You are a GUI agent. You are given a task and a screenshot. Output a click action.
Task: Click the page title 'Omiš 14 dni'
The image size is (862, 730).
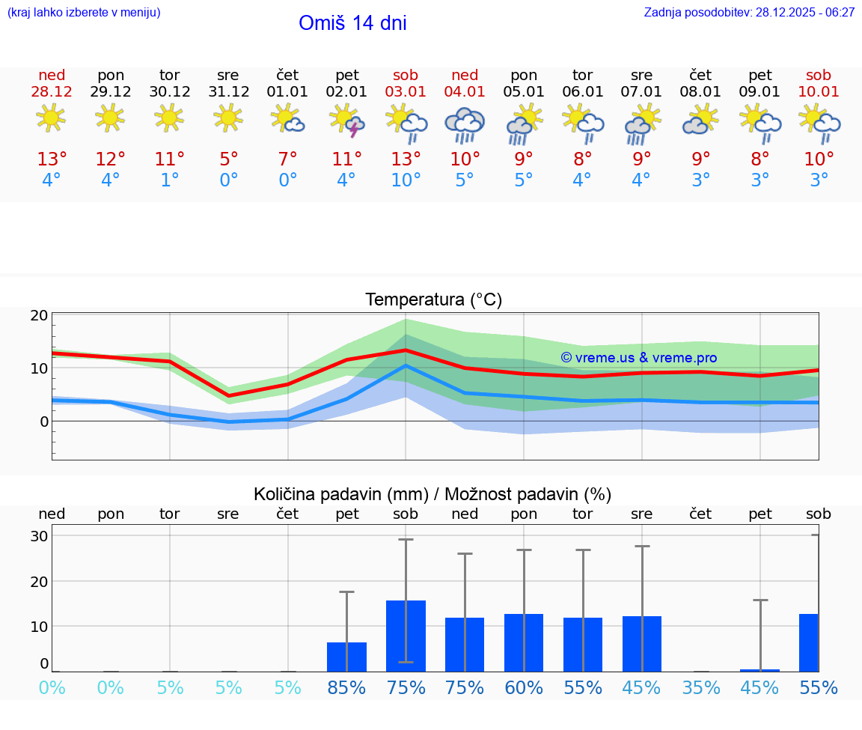point(352,23)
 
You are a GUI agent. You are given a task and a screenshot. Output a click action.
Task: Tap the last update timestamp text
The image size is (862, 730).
point(749,13)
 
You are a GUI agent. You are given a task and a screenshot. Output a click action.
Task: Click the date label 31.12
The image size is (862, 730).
point(228,92)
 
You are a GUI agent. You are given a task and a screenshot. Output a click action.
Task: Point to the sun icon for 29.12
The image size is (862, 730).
point(110,118)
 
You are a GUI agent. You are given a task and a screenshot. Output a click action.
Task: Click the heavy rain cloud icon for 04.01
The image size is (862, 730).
point(465,124)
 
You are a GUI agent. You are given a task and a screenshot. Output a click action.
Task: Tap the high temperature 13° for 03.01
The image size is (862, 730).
point(406,159)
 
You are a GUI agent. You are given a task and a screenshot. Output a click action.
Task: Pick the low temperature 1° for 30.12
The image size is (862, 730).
point(170,180)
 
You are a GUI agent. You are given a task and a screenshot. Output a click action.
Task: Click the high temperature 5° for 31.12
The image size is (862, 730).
point(228,159)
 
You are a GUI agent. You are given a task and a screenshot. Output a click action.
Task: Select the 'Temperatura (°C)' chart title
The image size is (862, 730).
point(433,300)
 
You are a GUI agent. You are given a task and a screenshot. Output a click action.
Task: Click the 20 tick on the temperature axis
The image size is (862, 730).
point(40,315)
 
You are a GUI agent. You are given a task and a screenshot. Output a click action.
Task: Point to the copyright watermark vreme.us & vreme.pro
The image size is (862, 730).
point(638,358)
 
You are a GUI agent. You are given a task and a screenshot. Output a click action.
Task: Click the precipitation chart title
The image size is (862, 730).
point(432,494)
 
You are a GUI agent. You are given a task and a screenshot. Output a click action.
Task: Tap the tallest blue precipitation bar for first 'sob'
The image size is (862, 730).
point(406,636)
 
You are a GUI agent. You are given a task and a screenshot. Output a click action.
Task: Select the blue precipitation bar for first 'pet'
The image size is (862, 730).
point(346,657)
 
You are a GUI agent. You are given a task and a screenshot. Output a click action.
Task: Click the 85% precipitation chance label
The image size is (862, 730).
point(346,688)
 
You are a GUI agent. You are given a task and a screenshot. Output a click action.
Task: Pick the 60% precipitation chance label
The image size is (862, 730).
point(524,688)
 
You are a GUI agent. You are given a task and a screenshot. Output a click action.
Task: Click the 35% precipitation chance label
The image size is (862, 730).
point(701,688)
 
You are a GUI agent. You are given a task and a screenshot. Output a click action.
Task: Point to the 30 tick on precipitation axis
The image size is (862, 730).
point(40,536)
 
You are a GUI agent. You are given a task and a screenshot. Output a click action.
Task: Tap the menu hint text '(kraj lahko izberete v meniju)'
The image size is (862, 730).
point(84,13)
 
